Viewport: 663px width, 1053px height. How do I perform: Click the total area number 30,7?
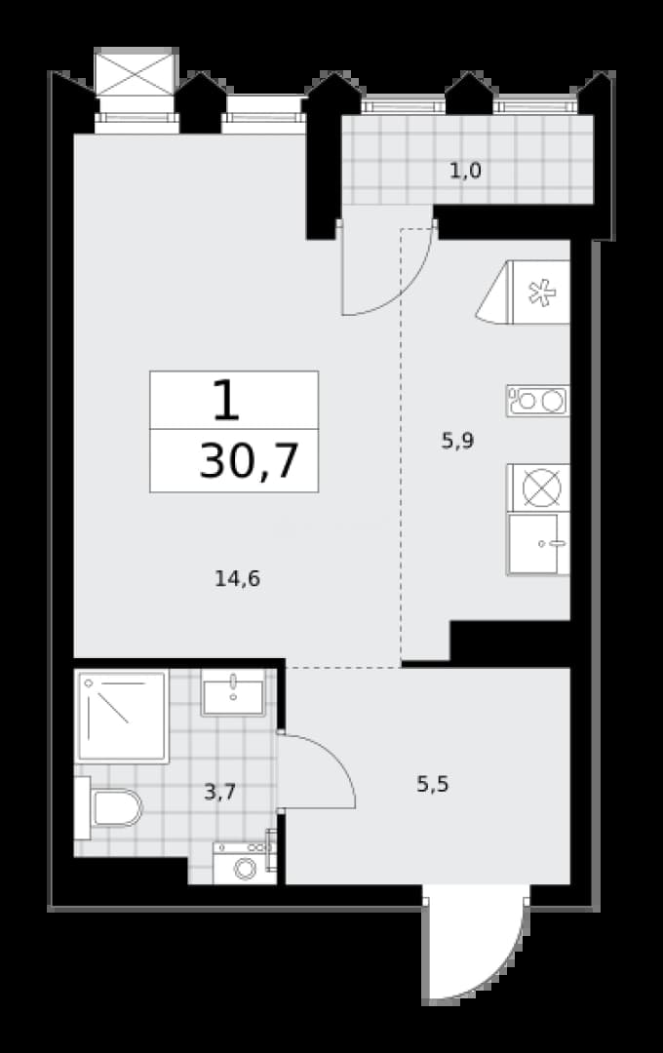pyautogui.click(x=249, y=460)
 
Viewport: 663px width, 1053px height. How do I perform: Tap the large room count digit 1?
pyautogui.click(x=226, y=400)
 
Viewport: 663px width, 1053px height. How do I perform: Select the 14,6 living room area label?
pyautogui.click(x=237, y=578)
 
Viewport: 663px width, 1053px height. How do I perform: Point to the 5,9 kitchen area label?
pyautogui.click(x=457, y=442)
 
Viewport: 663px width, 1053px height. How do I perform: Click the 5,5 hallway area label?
pyautogui.click(x=433, y=784)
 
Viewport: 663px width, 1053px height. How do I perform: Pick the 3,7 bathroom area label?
pyautogui.click(x=219, y=793)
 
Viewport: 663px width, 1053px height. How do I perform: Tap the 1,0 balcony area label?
pyautogui.click(x=465, y=172)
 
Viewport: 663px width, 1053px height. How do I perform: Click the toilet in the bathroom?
pyautogui.click(x=109, y=808)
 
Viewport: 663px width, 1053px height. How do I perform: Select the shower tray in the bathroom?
pyautogui.click(x=122, y=717)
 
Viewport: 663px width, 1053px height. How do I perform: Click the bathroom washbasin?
pyautogui.click(x=234, y=692)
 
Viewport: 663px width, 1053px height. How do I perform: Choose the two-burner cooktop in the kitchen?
pyautogui.click(x=537, y=401)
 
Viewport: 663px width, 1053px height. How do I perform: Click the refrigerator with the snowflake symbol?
pyautogui.click(x=523, y=292)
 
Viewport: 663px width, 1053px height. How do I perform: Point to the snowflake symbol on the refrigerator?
pyautogui.click(x=542, y=292)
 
